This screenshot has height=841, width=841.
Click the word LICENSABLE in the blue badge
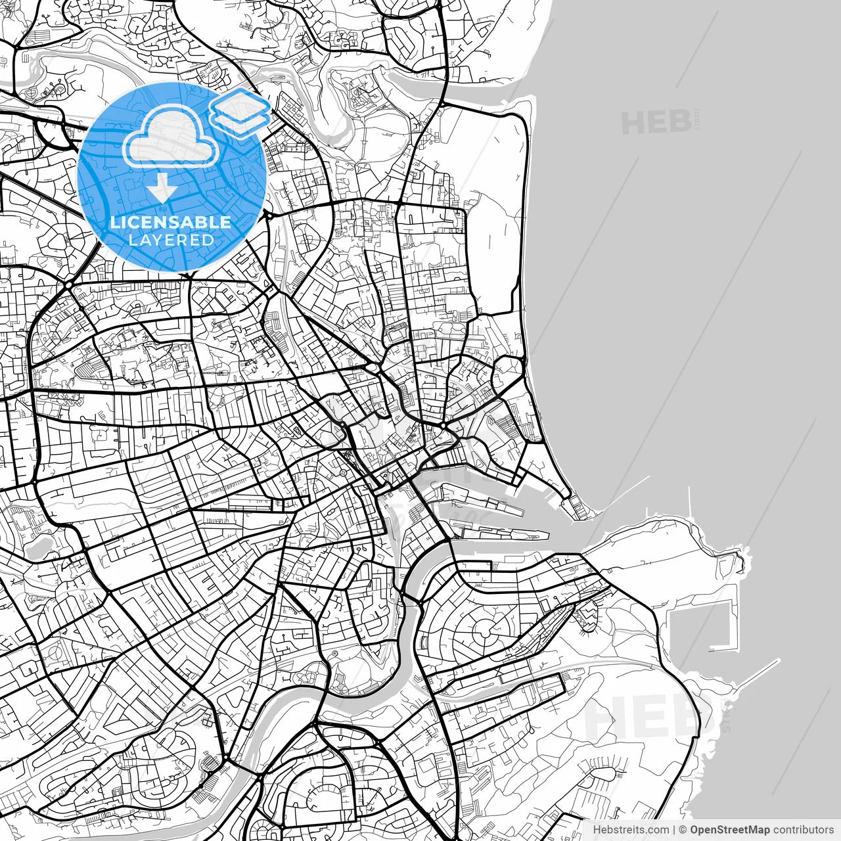tap(171, 222)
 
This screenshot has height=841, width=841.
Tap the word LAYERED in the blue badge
tap(171, 240)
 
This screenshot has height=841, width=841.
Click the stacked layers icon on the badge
tap(240, 110)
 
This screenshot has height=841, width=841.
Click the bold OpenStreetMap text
tap(729, 830)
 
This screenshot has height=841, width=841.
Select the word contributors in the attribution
tap(802, 830)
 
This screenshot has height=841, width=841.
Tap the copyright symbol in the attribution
tap(683, 830)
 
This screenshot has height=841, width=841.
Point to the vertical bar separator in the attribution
tap(675, 830)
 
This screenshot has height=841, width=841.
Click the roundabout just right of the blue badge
tap(269, 214)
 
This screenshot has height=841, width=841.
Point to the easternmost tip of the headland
tap(746, 558)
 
